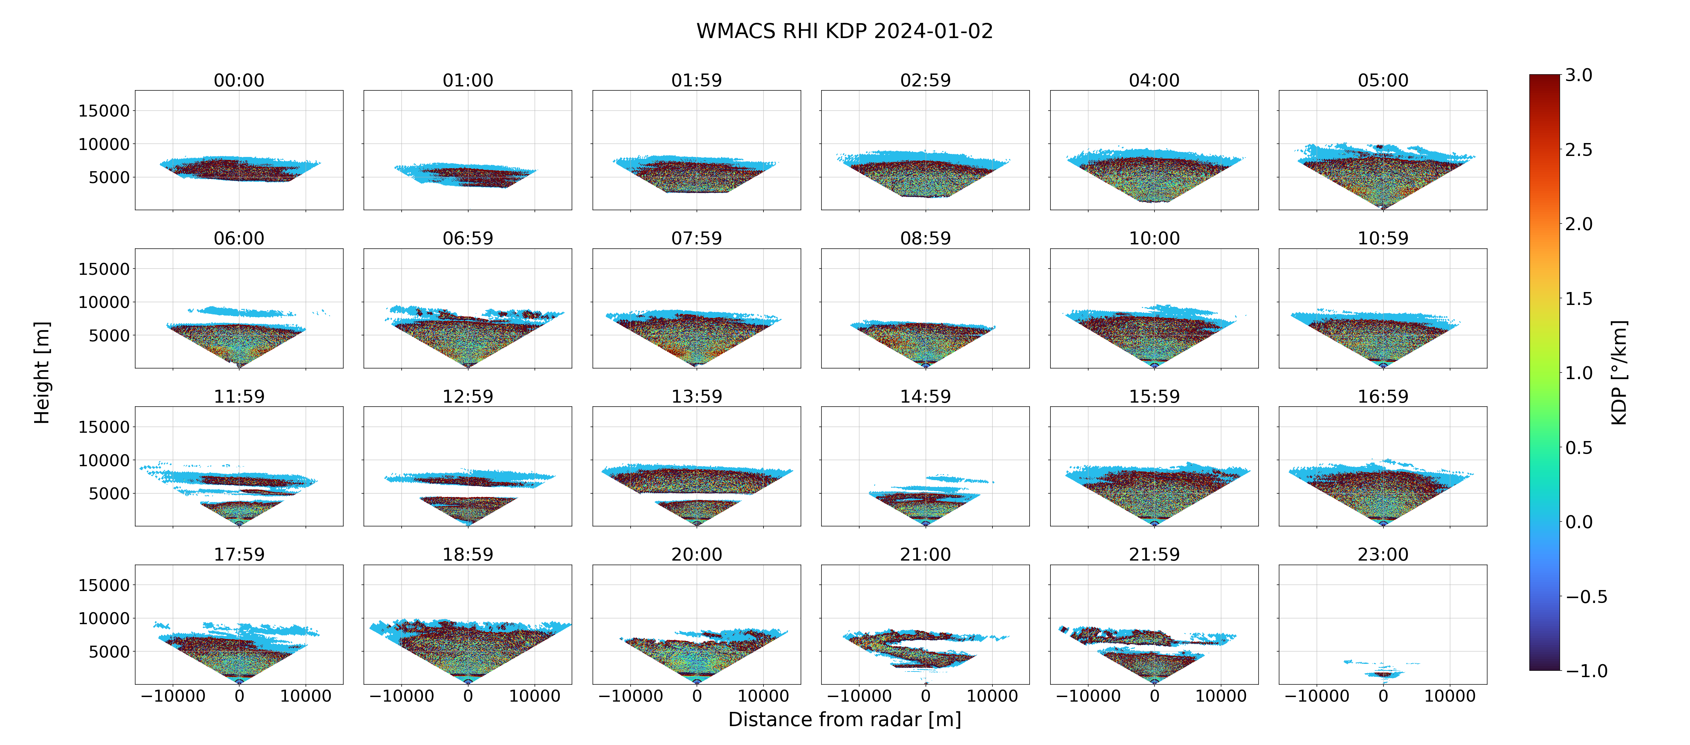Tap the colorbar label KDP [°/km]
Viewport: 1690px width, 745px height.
pos(1619,372)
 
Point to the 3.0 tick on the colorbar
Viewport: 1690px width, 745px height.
pos(1578,75)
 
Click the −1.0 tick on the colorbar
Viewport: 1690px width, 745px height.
pos(1586,671)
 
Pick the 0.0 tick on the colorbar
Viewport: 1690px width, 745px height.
pos(1578,522)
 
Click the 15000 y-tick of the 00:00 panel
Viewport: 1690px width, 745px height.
pos(104,111)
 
